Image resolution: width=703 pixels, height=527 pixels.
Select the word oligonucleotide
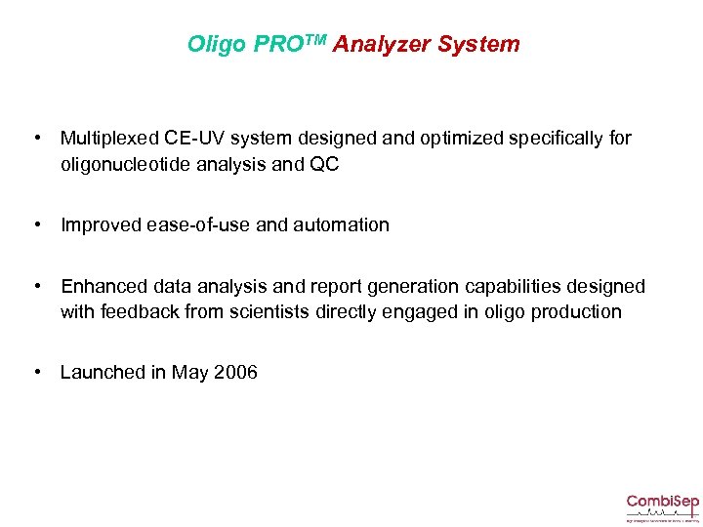click(130, 165)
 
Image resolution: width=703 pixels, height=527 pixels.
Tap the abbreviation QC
click(324, 165)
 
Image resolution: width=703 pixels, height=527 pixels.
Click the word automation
click(339, 225)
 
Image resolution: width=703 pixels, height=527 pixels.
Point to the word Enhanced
click(103, 286)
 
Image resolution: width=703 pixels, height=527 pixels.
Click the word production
click(577, 312)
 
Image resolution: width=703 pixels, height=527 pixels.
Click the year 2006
click(235, 372)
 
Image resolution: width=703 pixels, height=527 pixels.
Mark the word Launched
click(102, 372)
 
